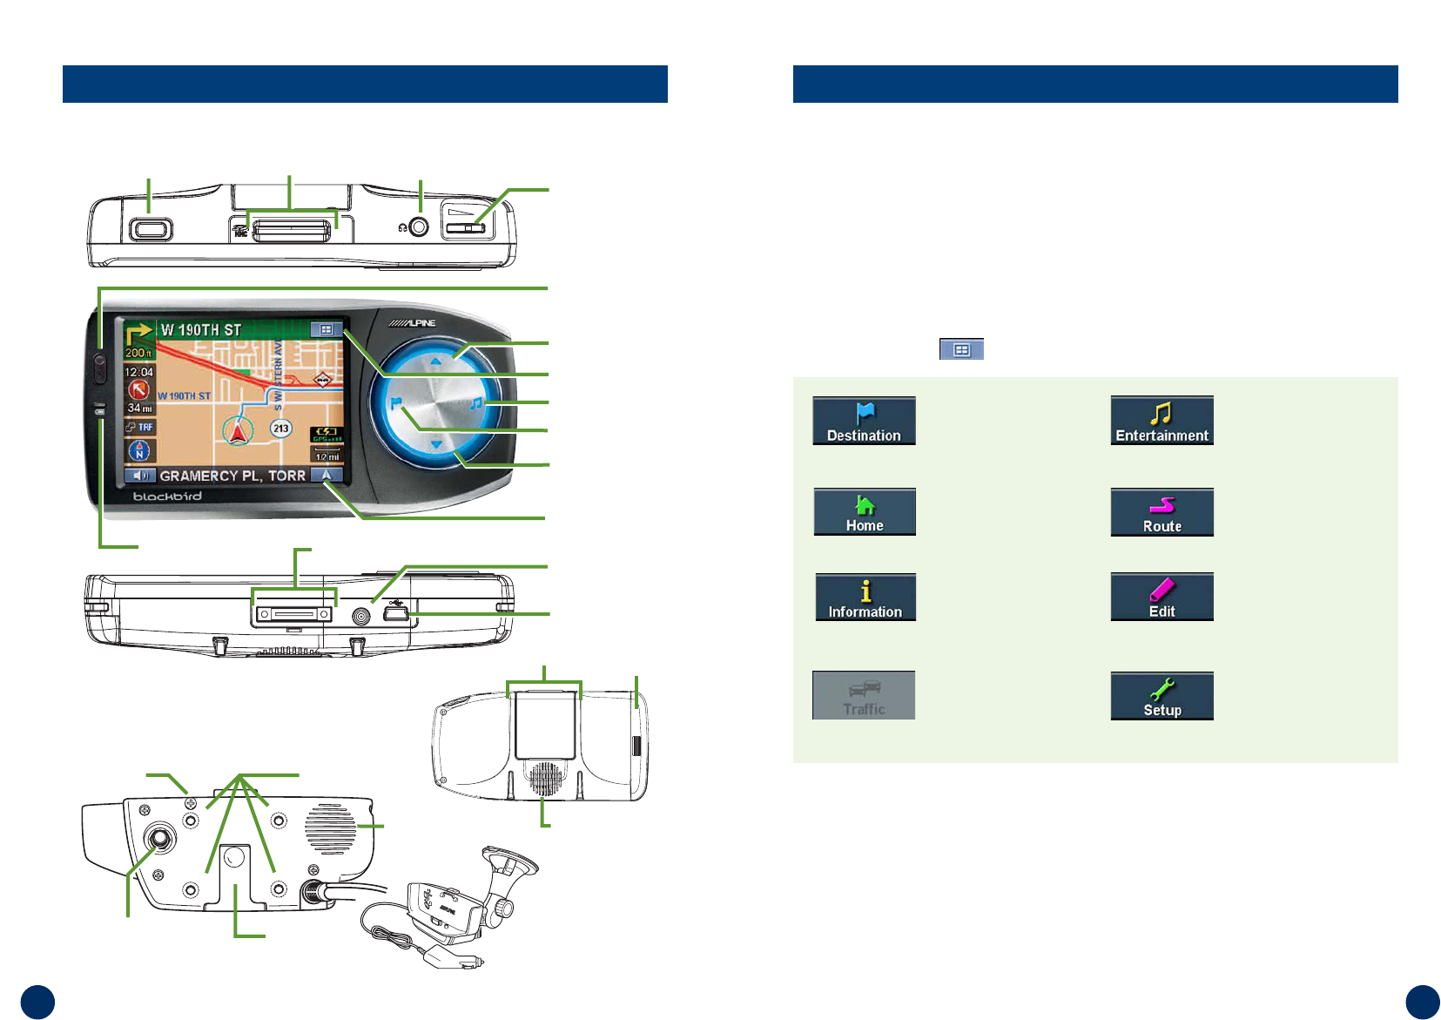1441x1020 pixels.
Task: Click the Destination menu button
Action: tap(864, 421)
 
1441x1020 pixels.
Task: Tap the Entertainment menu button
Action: tap(1162, 421)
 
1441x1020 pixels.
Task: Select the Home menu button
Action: tap(864, 512)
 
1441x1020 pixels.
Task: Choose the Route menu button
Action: tap(1162, 512)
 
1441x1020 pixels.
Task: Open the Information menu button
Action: tap(865, 598)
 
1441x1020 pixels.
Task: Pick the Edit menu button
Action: tap(1162, 598)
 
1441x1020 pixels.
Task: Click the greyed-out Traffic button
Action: tap(864, 695)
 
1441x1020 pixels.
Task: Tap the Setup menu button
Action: tap(1162, 696)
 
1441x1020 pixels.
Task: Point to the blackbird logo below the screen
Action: tap(167, 496)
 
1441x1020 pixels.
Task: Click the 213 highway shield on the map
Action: tap(280, 428)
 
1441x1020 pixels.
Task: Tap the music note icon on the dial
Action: tap(476, 403)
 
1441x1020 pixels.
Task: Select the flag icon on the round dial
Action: tap(396, 404)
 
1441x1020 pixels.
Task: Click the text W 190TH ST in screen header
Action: tap(200, 330)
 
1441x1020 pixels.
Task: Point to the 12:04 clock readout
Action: tap(138, 372)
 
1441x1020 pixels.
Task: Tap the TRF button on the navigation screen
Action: tap(139, 427)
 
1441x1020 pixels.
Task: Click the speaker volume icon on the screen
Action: tap(139, 476)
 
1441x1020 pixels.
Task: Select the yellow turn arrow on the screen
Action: tap(138, 334)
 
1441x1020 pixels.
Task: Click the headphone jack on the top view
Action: tap(420, 227)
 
